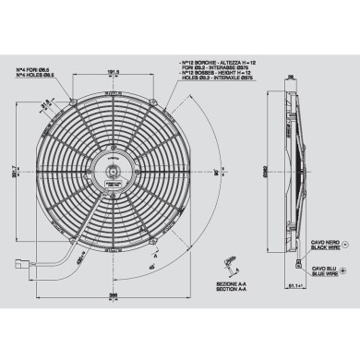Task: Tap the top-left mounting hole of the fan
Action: tap(72, 95)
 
